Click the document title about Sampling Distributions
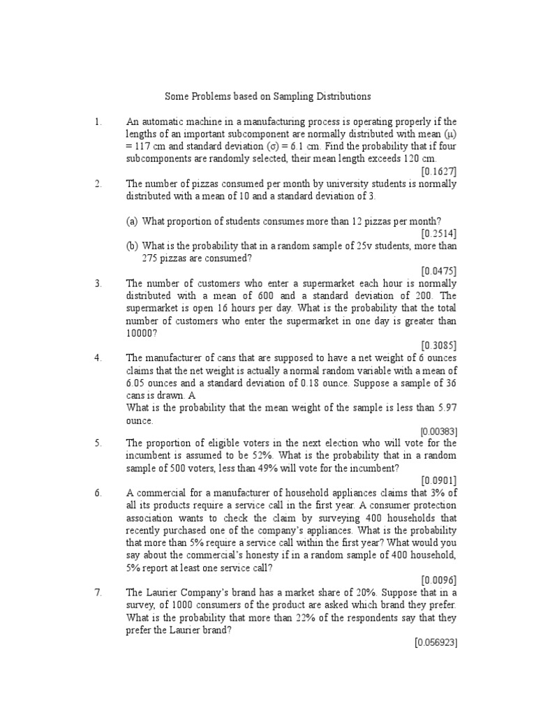click(267, 96)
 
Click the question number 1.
click(98, 121)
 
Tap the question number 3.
click(98, 283)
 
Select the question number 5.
click(98, 443)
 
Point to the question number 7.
click(98, 592)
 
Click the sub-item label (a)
click(132, 221)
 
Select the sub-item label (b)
click(132, 246)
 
